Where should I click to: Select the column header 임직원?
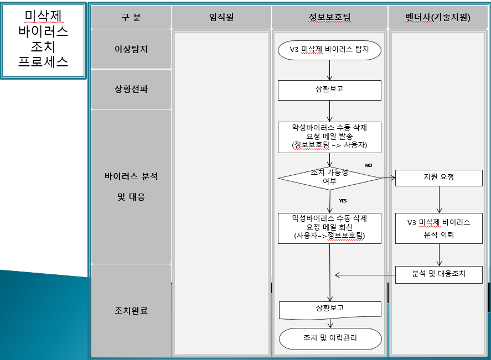[221, 17]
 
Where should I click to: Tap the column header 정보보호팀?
[329, 17]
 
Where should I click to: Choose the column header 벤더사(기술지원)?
[438, 17]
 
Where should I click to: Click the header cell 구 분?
[131, 17]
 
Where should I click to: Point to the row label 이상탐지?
[131, 49]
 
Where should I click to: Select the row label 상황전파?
[131, 88]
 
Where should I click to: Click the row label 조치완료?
[131, 311]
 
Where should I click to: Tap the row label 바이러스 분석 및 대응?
[131, 186]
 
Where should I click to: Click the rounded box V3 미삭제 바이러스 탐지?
[329, 50]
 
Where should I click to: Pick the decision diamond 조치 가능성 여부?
[329, 178]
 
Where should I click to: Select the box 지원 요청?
[438, 178]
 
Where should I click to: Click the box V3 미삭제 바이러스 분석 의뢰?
[438, 228]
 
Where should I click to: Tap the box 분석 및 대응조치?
[438, 274]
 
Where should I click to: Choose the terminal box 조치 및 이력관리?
[330, 338]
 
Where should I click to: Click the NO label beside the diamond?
[369, 165]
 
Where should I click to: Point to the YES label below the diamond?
[343, 200]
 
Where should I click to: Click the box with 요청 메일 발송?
[329, 136]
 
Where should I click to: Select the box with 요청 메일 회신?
[329, 227]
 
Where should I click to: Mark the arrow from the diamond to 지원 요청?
[389, 178]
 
